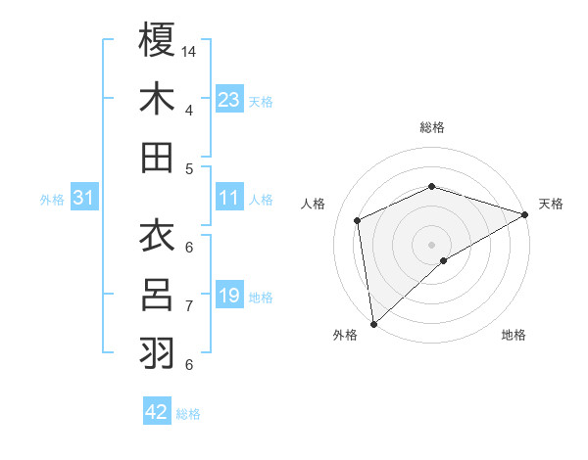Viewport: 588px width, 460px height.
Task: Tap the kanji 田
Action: [157, 157]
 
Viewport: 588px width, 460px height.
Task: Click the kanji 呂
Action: [157, 294]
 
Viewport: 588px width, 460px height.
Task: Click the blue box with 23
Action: [228, 99]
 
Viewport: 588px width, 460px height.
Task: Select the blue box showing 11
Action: [228, 198]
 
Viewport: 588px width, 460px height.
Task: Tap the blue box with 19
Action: [228, 295]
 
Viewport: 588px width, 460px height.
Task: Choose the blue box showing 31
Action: [84, 198]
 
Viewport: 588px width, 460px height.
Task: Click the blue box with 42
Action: [157, 412]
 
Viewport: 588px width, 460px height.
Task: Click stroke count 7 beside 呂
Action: [189, 305]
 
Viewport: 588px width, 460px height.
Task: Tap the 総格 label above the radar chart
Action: [431, 127]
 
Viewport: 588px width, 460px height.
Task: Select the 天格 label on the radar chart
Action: [552, 204]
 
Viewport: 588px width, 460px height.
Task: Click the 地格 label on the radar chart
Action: [514, 335]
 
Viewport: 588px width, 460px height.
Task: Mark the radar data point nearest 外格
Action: [373, 323]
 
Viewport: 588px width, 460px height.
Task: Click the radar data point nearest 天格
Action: [525, 214]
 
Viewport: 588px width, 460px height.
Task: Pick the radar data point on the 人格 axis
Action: [358, 220]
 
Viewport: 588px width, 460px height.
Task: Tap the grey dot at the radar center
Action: [431, 244]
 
